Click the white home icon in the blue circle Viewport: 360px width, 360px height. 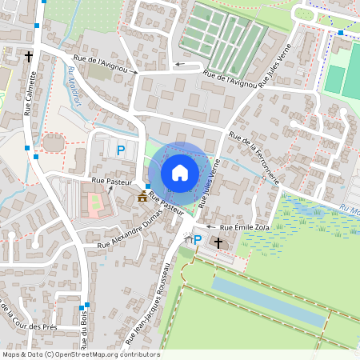pos(179,173)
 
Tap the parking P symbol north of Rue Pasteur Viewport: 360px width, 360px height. pos(121,150)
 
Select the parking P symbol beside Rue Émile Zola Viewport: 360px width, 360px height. pos(197,238)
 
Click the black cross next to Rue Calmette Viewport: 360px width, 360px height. pos(29,57)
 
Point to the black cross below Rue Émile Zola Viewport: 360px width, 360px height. pos(217,241)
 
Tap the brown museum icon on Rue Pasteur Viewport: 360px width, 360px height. pos(142,196)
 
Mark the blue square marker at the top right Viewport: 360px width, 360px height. pos(340,32)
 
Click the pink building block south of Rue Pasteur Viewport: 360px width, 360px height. pos(94,206)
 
